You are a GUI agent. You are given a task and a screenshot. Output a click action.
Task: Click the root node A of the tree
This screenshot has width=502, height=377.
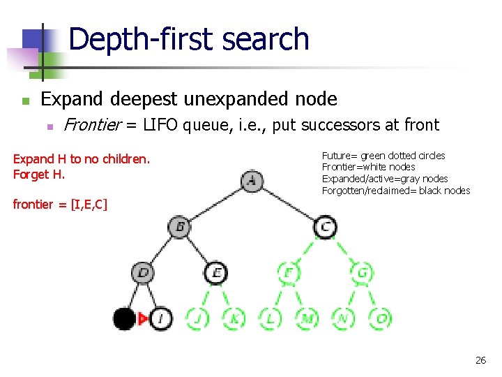click(x=252, y=182)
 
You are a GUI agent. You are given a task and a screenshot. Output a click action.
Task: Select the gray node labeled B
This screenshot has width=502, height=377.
click(x=179, y=227)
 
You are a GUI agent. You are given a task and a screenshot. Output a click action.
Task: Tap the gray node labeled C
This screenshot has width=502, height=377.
click(x=325, y=227)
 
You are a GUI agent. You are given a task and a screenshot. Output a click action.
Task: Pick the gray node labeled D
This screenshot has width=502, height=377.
click(x=143, y=272)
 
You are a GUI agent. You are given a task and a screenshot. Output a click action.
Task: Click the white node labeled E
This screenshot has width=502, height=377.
click(x=216, y=272)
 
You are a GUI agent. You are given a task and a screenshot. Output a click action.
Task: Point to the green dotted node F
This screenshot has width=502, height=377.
click(x=289, y=272)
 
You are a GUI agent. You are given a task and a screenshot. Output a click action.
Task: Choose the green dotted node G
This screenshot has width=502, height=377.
click(x=362, y=272)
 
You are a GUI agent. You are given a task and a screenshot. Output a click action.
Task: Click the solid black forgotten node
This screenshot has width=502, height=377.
click(x=124, y=319)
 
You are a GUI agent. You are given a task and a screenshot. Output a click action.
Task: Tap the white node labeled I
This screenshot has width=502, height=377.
click(x=161, y=319)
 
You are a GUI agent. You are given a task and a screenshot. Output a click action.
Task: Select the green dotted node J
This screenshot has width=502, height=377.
click(x=197, y=319)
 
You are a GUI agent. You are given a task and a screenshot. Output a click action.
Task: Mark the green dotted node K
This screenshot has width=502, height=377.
click(x=234, y=319)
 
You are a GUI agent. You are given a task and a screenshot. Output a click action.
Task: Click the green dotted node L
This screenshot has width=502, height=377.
click(x=271, y=319)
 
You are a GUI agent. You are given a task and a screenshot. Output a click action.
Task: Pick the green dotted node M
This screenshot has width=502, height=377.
click(x=307, y=319)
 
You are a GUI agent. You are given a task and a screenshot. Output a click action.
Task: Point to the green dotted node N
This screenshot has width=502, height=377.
click(x=343, y=319)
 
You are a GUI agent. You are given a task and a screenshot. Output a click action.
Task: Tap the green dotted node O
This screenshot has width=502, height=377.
click(x=380, y=319)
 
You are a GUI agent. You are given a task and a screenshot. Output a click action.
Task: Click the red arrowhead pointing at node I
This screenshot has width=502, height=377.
click(x=144, y=319)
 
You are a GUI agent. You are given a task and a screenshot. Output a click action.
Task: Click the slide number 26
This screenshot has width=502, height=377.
click(x=480, y=360)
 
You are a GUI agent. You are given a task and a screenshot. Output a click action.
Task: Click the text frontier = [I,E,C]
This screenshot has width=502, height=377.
click(x=60, y=205)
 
